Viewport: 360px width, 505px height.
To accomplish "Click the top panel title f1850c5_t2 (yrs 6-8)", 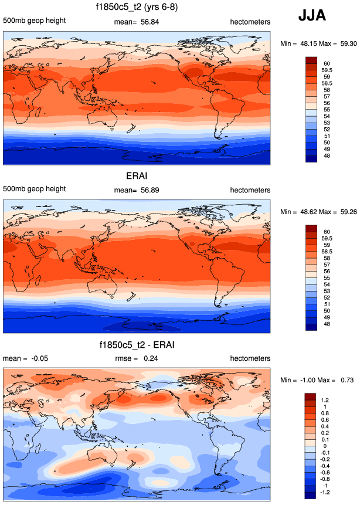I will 137,8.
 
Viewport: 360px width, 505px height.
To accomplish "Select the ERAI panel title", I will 137,175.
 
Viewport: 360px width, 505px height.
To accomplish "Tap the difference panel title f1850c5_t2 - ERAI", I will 137,344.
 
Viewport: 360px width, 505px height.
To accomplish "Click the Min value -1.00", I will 305,380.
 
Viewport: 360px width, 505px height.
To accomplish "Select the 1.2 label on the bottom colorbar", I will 325,399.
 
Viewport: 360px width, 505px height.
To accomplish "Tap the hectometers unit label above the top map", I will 250,22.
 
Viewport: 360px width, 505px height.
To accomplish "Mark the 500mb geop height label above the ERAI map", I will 34,189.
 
